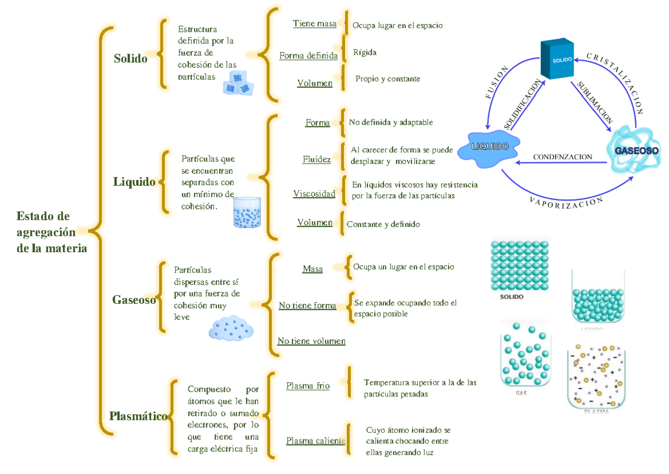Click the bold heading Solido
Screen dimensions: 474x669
point(130,58)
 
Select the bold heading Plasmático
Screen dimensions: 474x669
point(138,416)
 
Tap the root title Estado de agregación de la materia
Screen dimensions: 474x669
point(51,232)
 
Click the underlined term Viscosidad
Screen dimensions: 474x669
point(314,194)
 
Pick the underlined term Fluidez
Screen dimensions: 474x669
point(317,160)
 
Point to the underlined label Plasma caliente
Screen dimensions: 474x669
point(316,441)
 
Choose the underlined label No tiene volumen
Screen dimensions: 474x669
point(312,341)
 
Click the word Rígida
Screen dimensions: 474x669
point(365,52)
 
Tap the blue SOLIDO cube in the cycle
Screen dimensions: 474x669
point(558,59)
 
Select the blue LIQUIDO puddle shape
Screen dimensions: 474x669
point(490,147)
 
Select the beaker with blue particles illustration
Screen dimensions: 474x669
point(247,212)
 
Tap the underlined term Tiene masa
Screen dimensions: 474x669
point(314,23)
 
